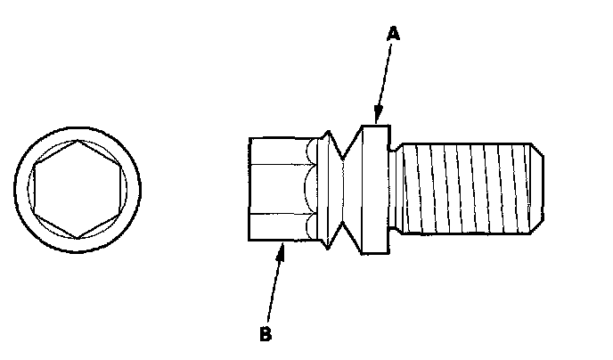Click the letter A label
tap(393, 35)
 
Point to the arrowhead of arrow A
tap(378, 119)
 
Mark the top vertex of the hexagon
tap(78, 141)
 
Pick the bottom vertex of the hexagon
tap(78, 236)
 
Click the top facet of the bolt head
tap(276, 149)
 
